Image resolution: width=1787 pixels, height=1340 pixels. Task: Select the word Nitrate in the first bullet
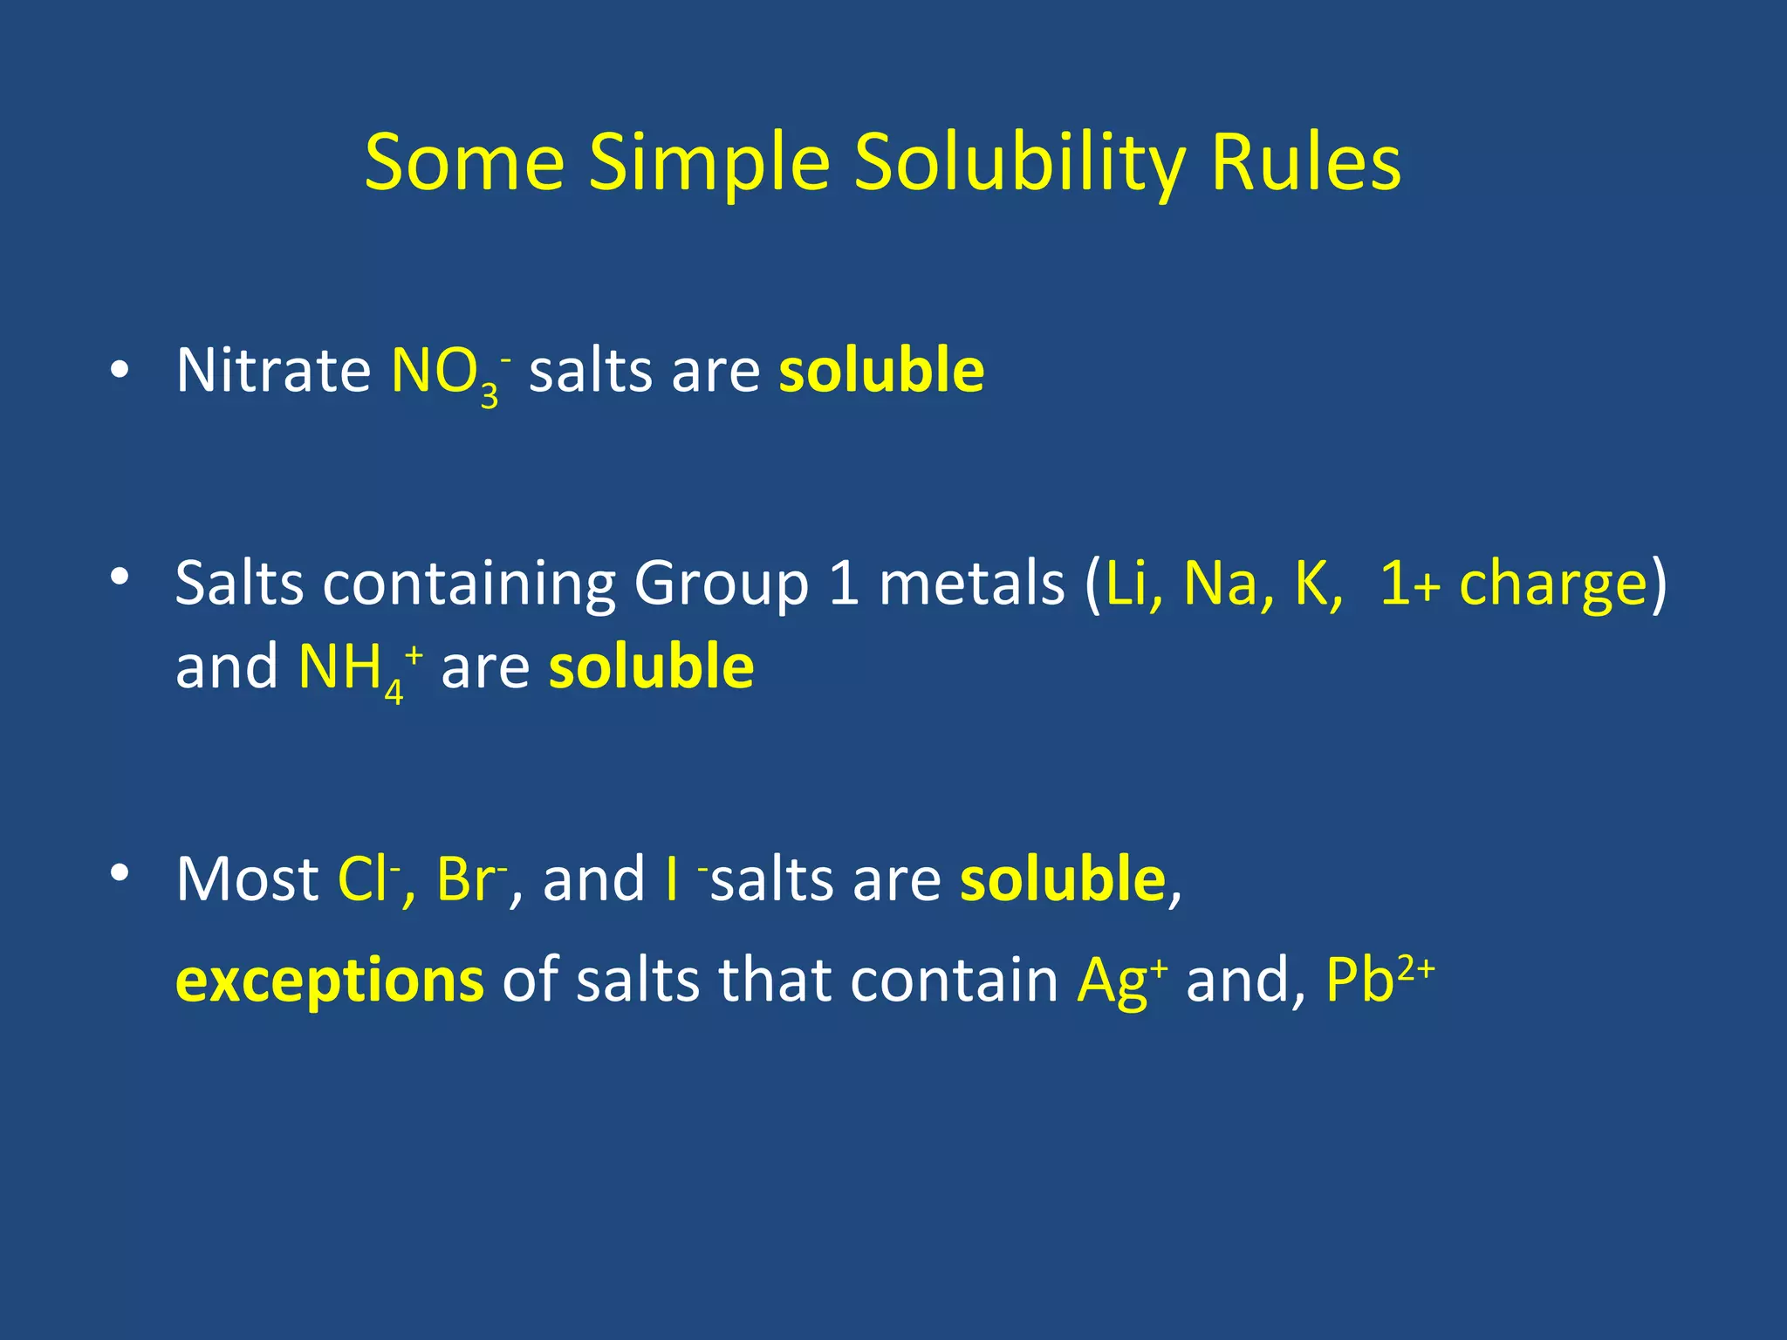coord(273,371)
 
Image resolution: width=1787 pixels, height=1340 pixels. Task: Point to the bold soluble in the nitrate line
coord(881,371)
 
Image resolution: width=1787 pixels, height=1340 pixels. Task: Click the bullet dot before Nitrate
coord(120,371)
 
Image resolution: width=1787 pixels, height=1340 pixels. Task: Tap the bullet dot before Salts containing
coord(120,577)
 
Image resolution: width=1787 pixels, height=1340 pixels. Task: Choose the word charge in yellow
coord(1552,585)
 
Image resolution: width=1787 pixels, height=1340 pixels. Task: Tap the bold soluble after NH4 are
coord(651,667)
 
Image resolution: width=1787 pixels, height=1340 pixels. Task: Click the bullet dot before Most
coord(120,872)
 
